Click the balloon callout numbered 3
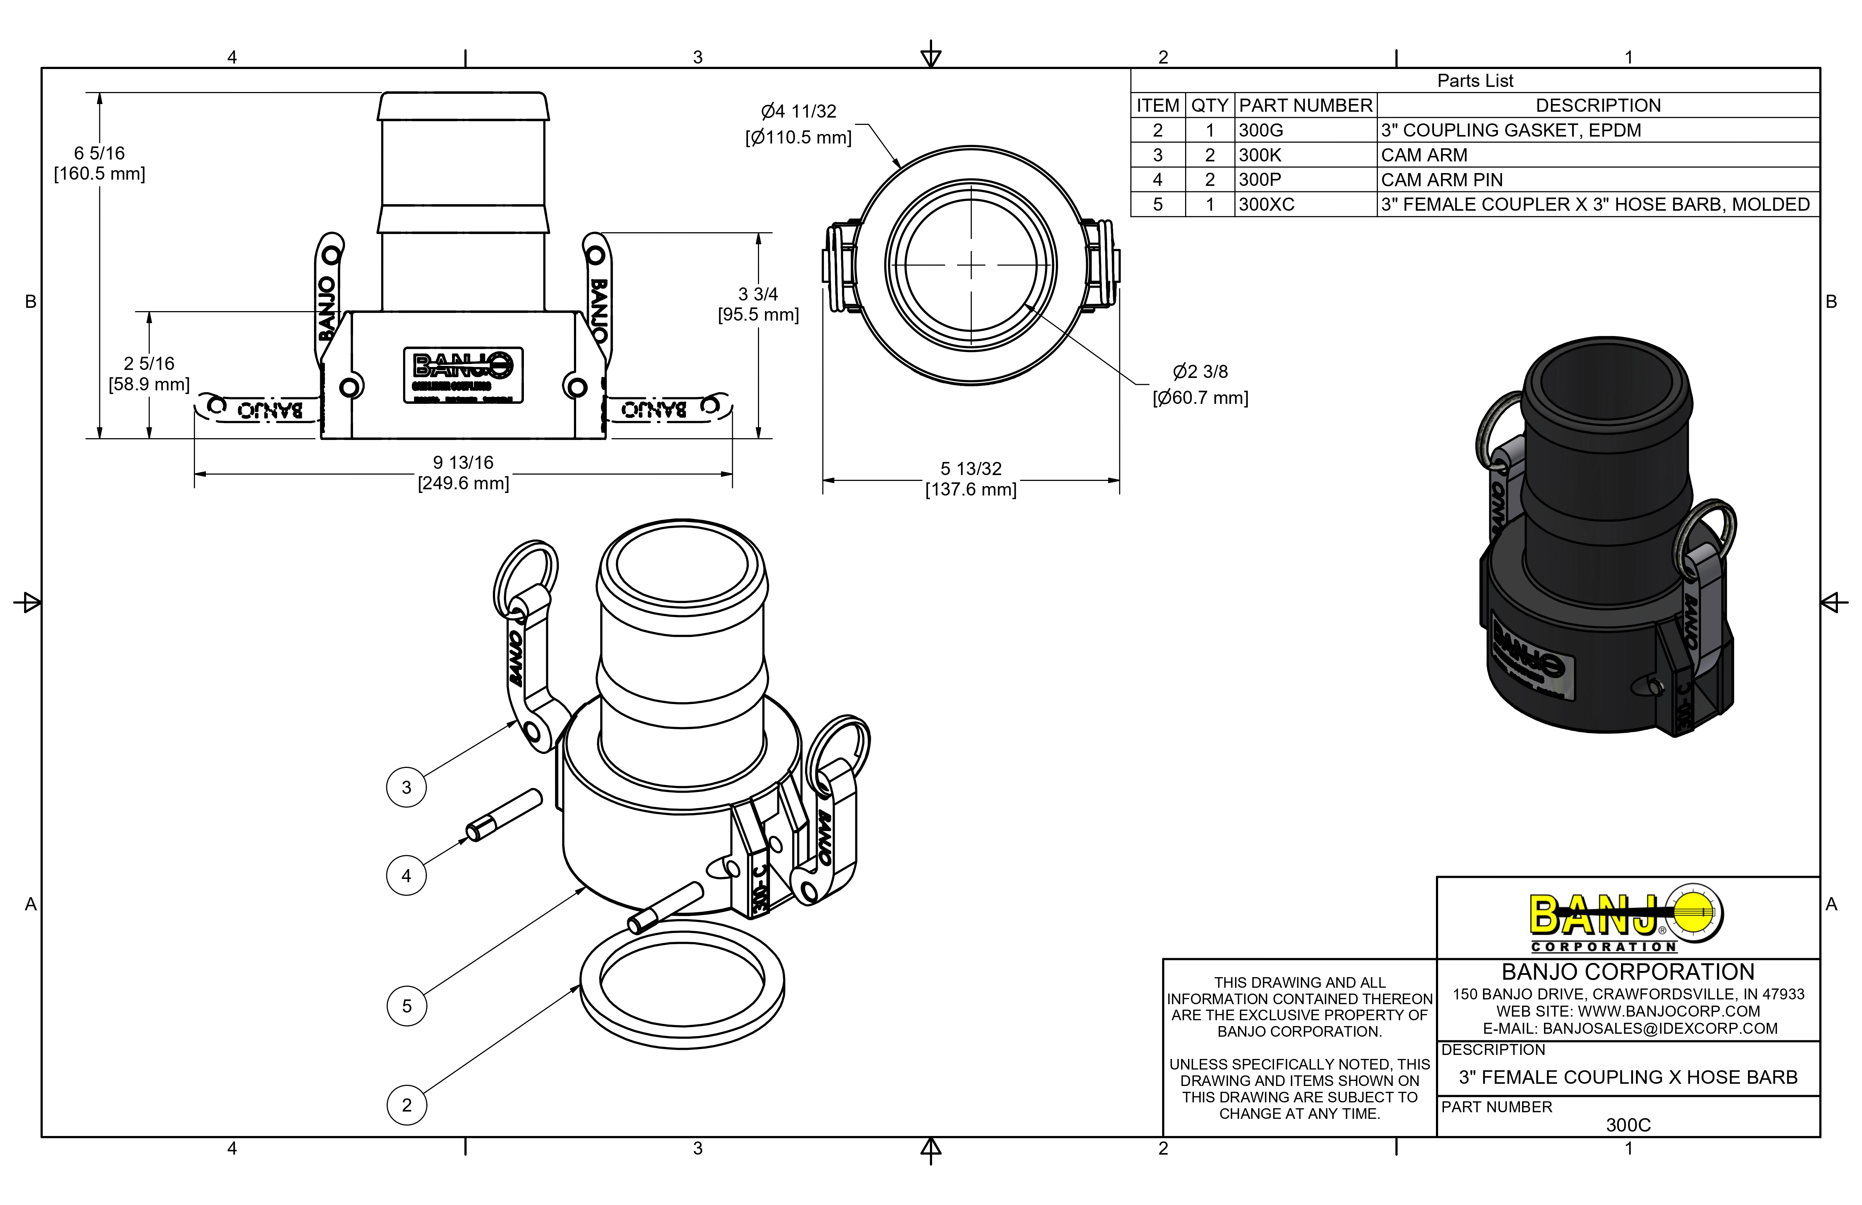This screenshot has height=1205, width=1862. (406, 787)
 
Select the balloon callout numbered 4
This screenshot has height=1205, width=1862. (406, 876)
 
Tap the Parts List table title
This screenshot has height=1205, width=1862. (1475, 81)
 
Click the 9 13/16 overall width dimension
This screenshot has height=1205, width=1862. (463, 473)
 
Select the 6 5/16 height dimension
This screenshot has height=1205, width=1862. (99, 163)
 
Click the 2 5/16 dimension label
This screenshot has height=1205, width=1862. (149, 373)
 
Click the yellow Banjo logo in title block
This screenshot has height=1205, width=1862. (1627, 915)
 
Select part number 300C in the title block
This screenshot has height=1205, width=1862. (1628, 1124)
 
